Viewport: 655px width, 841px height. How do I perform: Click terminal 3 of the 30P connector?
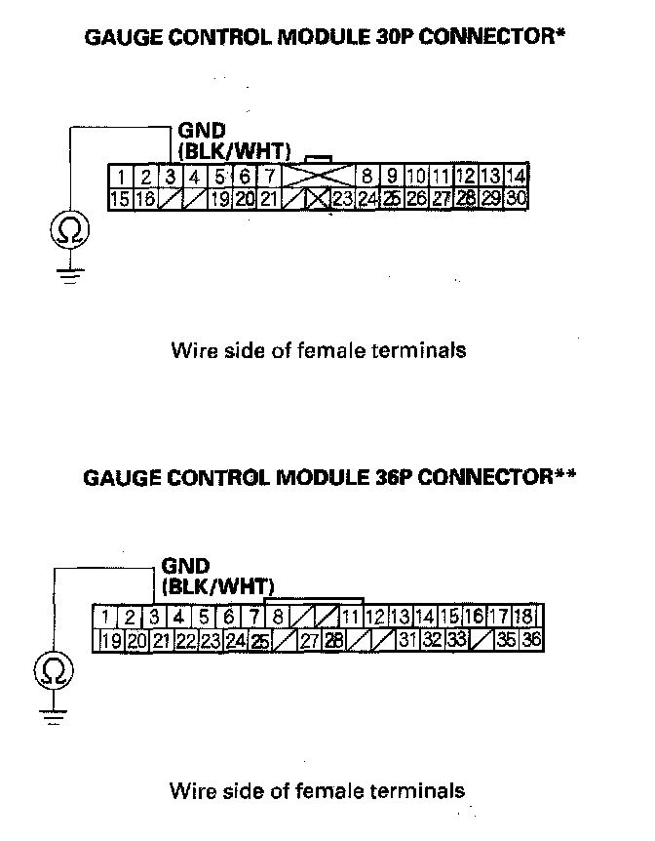coord(170,177)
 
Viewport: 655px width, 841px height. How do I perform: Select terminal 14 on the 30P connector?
coord(516,177)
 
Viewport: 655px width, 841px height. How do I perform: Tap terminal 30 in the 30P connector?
coord(516,199)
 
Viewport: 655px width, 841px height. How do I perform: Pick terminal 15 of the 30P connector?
coord(120,199)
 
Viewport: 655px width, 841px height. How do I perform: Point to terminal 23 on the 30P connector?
coord(342,199)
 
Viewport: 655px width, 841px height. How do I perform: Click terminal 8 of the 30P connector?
coord(366,177)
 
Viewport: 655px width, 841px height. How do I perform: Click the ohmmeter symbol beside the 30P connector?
coord(70,230)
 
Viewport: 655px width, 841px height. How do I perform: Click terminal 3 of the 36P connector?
coord(154,617)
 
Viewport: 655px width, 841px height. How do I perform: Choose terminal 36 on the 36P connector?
coord(531,640)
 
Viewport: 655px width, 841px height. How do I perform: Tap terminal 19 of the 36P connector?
coord(110,640)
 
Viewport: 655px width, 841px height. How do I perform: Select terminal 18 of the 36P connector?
coord(525,617)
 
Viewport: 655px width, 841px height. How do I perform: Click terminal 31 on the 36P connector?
coord(407,640)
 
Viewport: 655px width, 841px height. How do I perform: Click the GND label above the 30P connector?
coord(199,131)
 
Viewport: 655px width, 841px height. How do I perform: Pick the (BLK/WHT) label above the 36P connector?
coord(217,586)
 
